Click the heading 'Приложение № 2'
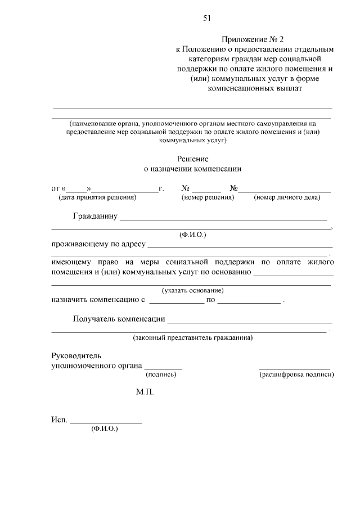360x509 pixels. click(254, 39)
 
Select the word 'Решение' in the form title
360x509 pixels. click(193, 159)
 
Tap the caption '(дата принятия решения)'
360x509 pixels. click(97, 197)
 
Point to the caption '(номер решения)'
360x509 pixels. click(208, 197)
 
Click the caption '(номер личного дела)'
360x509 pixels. click(287, 197)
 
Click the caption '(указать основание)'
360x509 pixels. click(193, 291)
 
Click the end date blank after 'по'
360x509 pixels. click(249, 303)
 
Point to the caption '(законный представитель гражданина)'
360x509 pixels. click(193, 338)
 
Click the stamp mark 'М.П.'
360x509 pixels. click(145, 391)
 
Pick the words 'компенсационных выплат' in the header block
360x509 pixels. click(255, 89)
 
